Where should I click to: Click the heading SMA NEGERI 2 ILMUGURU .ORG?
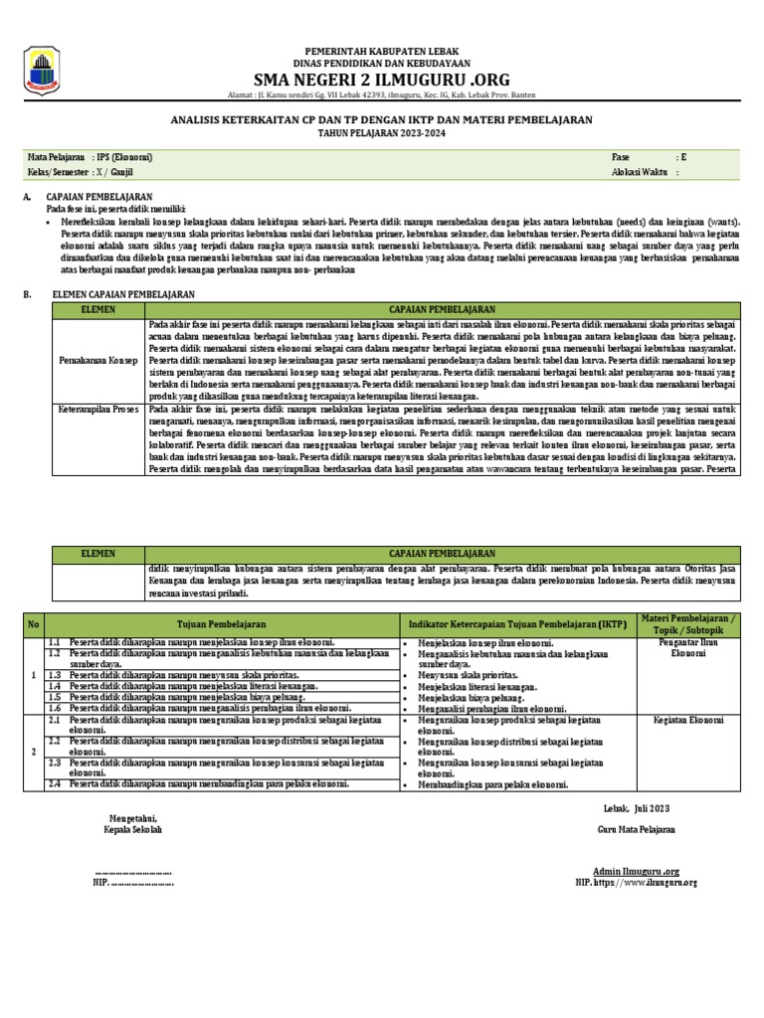381,79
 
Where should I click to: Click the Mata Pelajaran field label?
56,157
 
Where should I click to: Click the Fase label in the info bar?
622,157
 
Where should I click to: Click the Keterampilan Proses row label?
97,409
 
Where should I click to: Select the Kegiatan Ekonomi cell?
686,718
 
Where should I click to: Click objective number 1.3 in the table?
59,675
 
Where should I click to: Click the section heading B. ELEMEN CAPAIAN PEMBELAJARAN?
109,295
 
